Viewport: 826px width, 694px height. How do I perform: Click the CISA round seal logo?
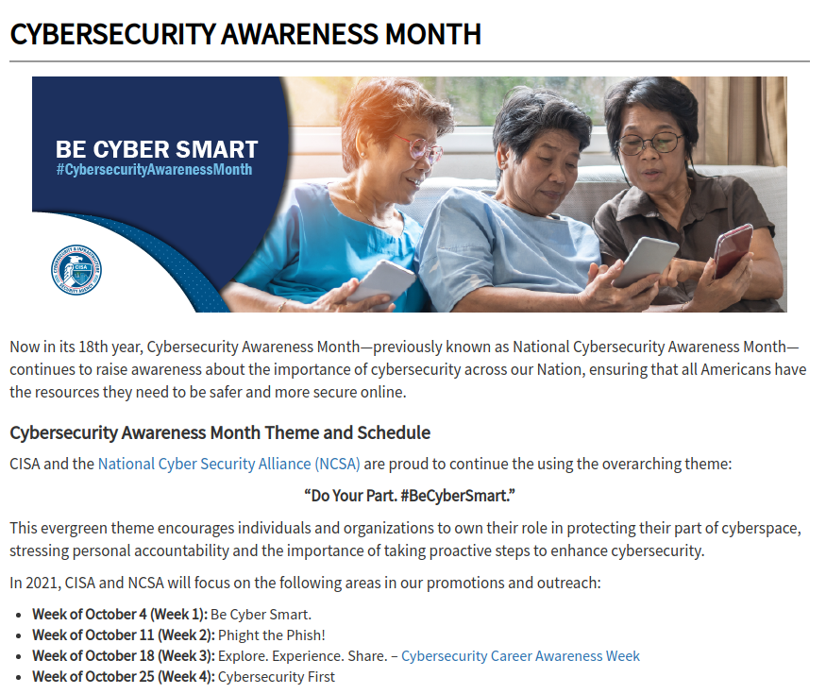(x=76, y=269)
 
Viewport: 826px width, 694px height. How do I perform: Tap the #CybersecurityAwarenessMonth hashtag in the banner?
(x=155, y=170)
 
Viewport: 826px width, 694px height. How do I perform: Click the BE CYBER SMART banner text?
(x=157, y=149)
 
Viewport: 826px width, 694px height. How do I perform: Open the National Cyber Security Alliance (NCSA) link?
(x=229, y=464)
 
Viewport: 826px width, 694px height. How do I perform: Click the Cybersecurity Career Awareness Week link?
(x=520, y=656)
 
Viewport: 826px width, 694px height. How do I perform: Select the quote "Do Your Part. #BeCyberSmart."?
(x=410, y=496)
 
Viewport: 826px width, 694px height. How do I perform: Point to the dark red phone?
(x=733, y=251)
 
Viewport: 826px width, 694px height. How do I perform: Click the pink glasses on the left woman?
(x=419, y=147)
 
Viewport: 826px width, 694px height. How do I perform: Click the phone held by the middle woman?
(x=646, y=262)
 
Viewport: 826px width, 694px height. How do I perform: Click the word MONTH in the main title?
(x=433, y=34)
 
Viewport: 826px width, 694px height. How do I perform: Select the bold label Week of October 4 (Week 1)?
(x=120, y=615)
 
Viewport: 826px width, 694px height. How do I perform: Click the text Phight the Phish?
(x=272, y=635)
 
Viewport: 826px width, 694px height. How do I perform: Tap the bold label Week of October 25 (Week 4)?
(x=124, y=677)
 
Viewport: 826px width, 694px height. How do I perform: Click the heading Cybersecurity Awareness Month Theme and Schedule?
(x=220, y=432)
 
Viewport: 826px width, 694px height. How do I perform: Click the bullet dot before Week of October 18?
(x=19, y=657)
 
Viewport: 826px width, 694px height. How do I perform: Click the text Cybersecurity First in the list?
(x=277, y=677)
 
